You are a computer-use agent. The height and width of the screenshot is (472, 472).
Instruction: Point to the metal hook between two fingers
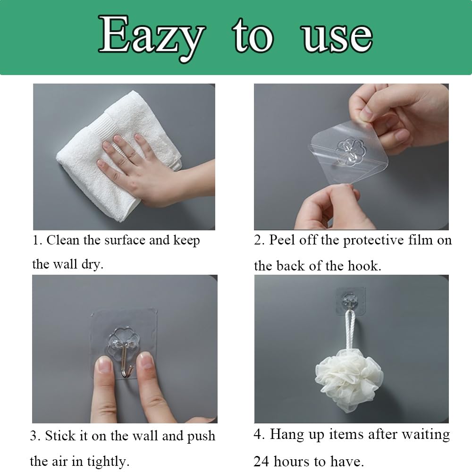coord(126,361)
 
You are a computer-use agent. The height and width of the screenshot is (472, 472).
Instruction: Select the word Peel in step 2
coord(282,240)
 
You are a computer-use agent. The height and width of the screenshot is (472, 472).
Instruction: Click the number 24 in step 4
coord(261,462)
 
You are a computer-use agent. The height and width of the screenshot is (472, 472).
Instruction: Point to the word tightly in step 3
coord(109,462)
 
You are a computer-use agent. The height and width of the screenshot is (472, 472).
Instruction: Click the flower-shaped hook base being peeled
coord(350,151)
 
